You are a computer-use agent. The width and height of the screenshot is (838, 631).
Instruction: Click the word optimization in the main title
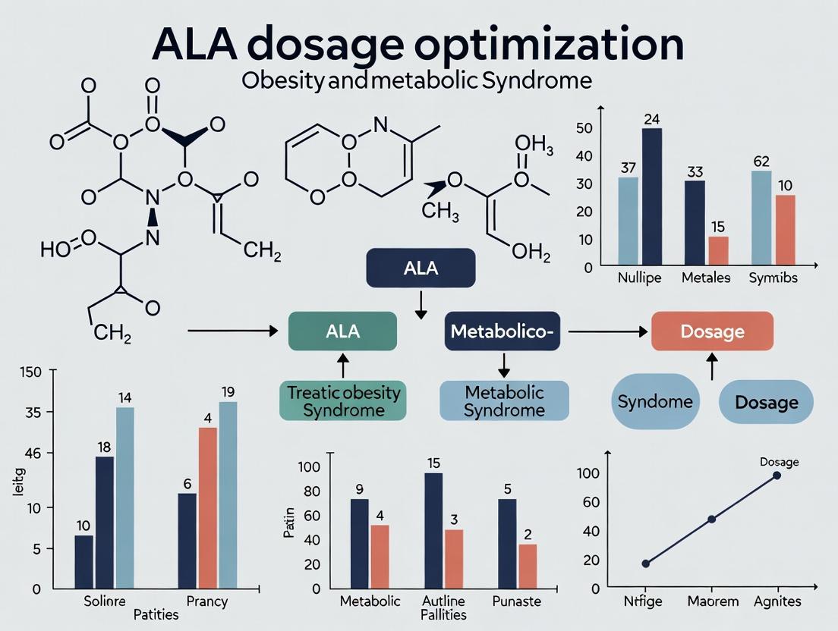click(549, 46)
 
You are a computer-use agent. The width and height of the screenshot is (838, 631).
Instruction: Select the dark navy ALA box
click(421, 268)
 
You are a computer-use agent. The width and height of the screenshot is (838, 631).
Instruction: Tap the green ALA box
click(342, 331)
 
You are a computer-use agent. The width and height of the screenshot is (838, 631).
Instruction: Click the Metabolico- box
click(502, 331)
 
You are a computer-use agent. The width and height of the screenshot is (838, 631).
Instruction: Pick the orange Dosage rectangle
click(713, 331)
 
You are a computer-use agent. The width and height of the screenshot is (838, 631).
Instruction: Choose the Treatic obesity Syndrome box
click(343, 401)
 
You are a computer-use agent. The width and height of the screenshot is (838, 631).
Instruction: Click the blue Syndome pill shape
click(655, 401)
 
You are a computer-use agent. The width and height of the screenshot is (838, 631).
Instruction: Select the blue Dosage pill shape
click(767, 402)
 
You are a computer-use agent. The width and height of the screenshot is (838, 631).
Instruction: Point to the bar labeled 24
click(652, 196)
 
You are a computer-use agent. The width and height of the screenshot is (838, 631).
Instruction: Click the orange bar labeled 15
click(718, 250)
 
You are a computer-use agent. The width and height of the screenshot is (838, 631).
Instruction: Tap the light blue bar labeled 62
click(761, 218)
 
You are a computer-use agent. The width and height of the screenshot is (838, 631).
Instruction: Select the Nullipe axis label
click(639, 278)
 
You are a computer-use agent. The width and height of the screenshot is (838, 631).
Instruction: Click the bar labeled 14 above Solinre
click(125, 498)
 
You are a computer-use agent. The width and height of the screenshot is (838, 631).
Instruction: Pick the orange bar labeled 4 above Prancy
click(208, 508)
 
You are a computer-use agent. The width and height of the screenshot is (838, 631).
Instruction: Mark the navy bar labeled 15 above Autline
click(433, 531)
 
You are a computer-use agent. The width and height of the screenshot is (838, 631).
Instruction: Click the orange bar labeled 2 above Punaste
click(528, 567)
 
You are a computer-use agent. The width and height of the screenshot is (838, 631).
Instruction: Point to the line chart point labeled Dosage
click(777, 475)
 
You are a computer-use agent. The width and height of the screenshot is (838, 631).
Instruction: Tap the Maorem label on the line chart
click(713, 601)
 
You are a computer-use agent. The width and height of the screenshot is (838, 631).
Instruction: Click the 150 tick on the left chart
click(30, 372)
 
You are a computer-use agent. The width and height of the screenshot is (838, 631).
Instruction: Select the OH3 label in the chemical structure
click(534, 145)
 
